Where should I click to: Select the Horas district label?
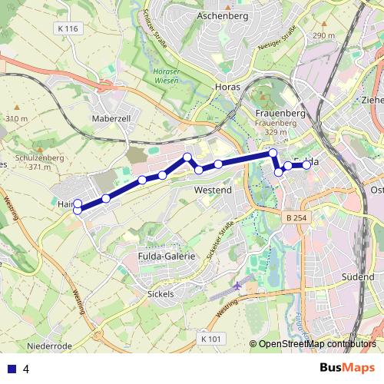228,87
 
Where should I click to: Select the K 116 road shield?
68,28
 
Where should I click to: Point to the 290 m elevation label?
324,36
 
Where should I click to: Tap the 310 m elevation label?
16,119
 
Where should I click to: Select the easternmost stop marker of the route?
306,164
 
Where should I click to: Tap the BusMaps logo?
347,368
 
